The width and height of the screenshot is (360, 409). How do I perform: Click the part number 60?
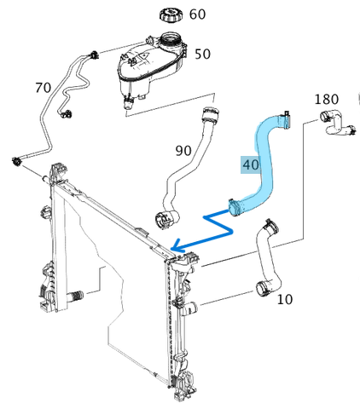tap(197, 14)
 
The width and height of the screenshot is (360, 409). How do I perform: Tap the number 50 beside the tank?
tap(202, 54)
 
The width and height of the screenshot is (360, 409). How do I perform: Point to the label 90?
tap(183, 151)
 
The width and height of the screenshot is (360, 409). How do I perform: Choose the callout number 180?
tap(327, 99)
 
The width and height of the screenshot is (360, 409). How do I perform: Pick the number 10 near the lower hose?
tap(285, 299)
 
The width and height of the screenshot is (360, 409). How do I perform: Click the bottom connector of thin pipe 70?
tap(18, 161)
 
